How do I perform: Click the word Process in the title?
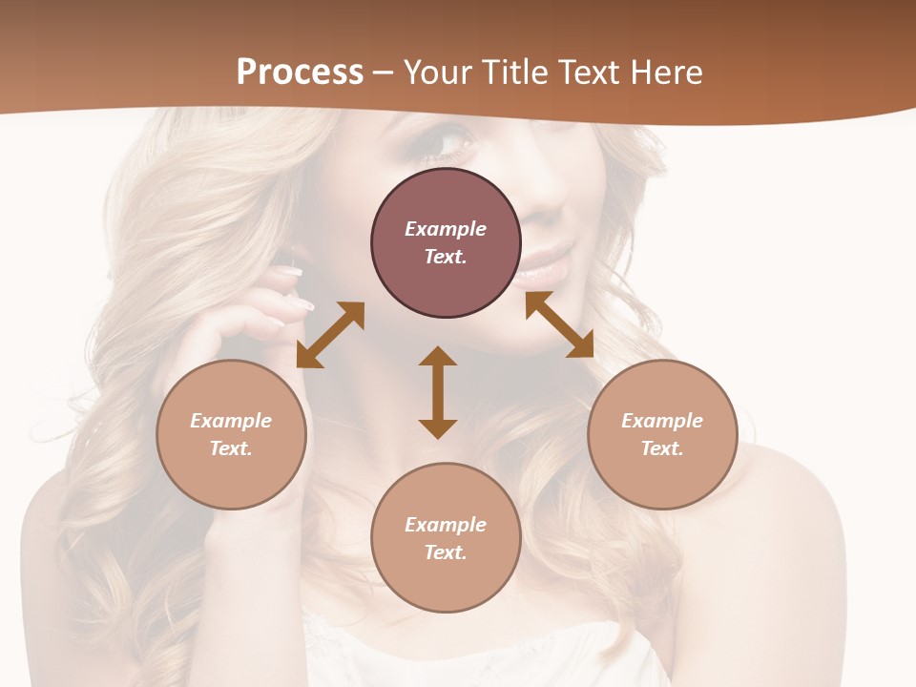(300, 73)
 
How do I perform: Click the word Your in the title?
(438, 73)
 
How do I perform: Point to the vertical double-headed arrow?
(438, 392)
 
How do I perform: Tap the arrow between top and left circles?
(330, 335)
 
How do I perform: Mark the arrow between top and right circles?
(559, 324)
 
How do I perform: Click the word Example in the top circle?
(446, 229)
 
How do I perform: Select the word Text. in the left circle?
(231, 448)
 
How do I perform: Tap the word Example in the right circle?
(662, 421)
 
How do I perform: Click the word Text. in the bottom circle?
(446, 552)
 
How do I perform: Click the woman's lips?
(549, 263)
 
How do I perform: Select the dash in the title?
(383, 73)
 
